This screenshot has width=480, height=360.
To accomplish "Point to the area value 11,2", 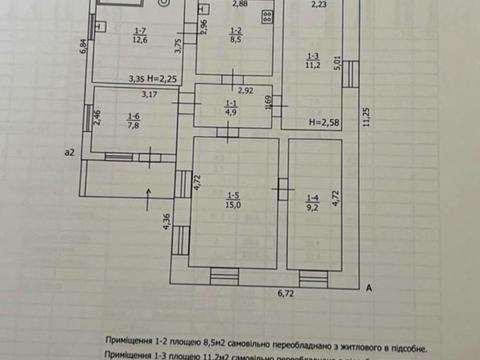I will (313, 65).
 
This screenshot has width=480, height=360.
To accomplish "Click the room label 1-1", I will (231, 104).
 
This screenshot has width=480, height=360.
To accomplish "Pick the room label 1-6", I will (133, 118).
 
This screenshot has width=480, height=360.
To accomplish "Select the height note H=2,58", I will (323, 122).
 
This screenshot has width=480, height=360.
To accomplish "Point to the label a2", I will (69, 152).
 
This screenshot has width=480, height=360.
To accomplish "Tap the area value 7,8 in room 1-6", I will (133, 127).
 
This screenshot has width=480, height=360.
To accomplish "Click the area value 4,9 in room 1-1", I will (231, 113).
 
